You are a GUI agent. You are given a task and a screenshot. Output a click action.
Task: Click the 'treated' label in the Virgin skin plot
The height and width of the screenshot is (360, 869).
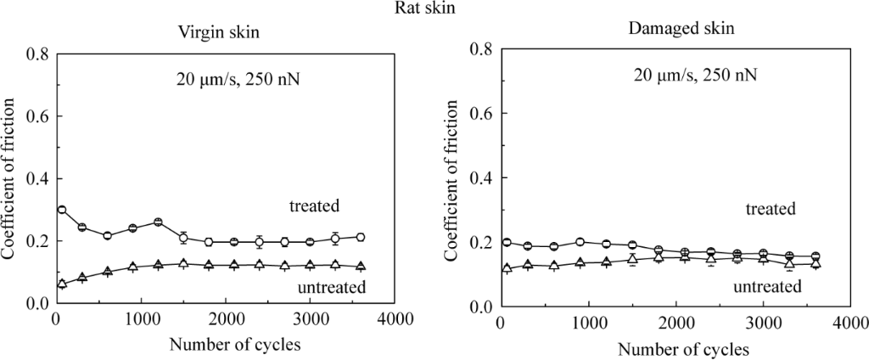click(314, 205)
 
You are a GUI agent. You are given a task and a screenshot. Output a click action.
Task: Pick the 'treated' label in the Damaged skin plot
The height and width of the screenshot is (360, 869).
click(770, 208)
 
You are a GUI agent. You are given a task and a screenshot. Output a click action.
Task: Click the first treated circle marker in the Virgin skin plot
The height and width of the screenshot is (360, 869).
click(62, 210)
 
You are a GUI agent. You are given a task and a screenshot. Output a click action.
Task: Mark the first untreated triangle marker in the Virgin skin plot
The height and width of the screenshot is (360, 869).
click(62, 284)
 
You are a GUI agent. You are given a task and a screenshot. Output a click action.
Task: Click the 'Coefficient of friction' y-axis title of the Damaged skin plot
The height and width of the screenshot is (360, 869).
click(453, 178)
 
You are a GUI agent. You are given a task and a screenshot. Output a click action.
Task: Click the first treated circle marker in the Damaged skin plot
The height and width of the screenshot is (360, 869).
click(507, 243)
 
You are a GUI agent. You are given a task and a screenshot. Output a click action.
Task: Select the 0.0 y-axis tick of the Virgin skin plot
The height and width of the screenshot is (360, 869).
click(38, 303)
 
